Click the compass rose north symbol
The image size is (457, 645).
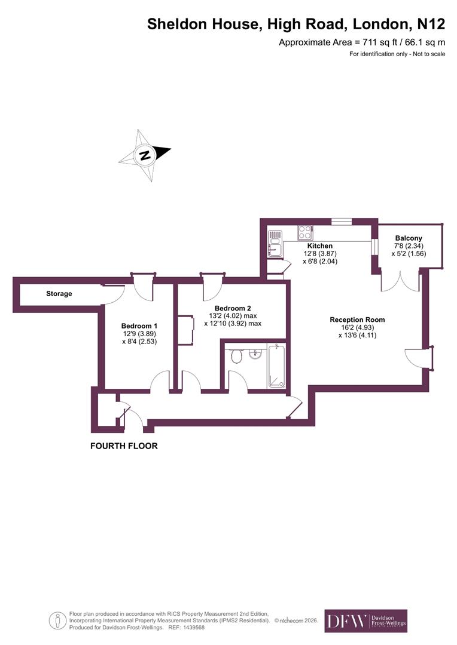tap(145, 155)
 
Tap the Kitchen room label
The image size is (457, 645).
tap(319, 245)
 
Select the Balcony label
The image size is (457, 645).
tap(409, 238)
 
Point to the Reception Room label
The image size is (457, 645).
tap(357, 320)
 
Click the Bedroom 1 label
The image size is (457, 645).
tap(139, 325)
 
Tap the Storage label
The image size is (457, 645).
tap(59, 294)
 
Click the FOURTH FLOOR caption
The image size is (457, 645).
tap(124, 446)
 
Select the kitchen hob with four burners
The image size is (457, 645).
tap(306, 232)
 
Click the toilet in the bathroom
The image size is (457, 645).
tap(236, 356)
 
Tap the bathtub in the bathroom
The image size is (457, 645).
tap(277, 365)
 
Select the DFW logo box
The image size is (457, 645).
tap(365, 621)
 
